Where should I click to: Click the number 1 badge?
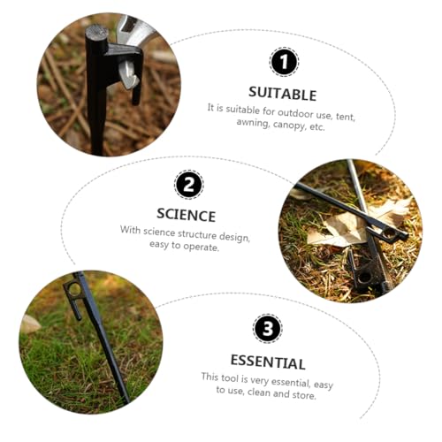click(284, 62)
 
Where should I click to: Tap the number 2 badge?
click(188, 185)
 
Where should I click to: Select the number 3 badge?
click(268, 328)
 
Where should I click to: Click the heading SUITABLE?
click(282, 94)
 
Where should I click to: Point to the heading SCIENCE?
click(186, 215)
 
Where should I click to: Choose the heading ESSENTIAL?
click(268, 362)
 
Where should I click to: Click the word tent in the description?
click(346, 117)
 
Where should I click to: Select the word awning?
click(253, 123)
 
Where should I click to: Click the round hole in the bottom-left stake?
click(73, 290)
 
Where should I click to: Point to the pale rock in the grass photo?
click(29, 324)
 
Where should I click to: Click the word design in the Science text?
click(234, 237)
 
